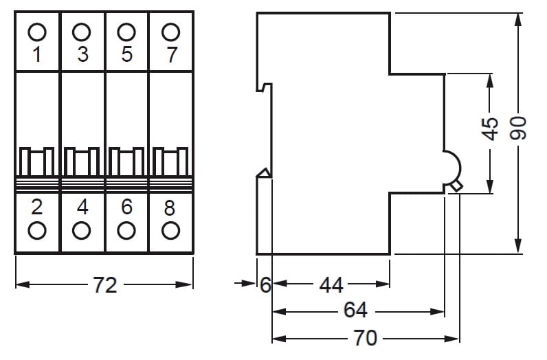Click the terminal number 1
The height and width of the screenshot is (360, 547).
click(38, 54)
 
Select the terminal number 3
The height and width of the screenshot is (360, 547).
click(82, 54)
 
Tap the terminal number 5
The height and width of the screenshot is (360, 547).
click(126, 54)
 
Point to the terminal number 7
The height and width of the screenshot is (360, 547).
click(171, 54)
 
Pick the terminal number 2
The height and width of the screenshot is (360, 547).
click(38, 207)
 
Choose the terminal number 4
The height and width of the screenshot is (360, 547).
click(82, 207)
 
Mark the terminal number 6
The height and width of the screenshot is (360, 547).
click(126, 207)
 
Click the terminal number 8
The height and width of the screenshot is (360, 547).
click(170, 207)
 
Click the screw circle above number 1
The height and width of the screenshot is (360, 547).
click(38, 32)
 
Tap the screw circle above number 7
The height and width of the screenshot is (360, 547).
click(170, 32)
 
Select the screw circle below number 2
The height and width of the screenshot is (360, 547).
click(38, 229)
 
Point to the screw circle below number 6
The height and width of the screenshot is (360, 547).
click(126, 229)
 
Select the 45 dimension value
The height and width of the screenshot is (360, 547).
click(490, 129)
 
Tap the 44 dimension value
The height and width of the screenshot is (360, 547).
click(331, 284)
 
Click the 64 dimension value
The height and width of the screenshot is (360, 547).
click(355, 311)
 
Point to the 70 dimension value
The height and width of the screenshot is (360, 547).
click(366, 337)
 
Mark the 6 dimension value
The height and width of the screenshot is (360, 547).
click(265, 284)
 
